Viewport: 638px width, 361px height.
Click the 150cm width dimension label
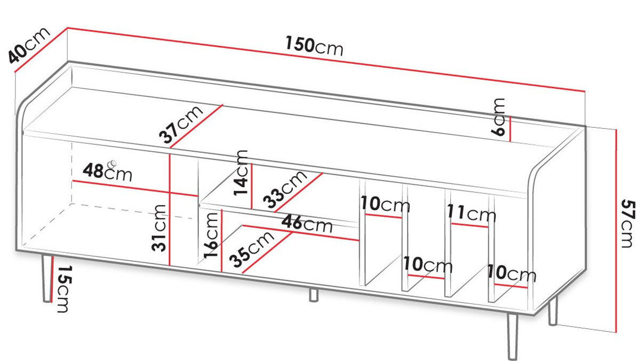pyautogui.click(x=314, y=45)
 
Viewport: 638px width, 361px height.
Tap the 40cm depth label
pyautogui.click(x=29, y=45)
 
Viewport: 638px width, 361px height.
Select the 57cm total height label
pyautogui.click(x=627, y=224)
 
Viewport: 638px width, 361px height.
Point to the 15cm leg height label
pyautogui.click(x=62, y=289)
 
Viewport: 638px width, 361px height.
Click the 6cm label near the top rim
pyautogui.click(x=498, y=117)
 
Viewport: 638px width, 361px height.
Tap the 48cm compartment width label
pyautogui.click(x=108, y=172)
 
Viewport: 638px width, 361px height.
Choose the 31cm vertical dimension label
pyautogui.click(x=159, y=228)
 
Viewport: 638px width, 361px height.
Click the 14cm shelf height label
pyautogui.click(x=241, y=173)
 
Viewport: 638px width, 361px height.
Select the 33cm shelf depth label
pyautogui.click(x=285, y=189)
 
